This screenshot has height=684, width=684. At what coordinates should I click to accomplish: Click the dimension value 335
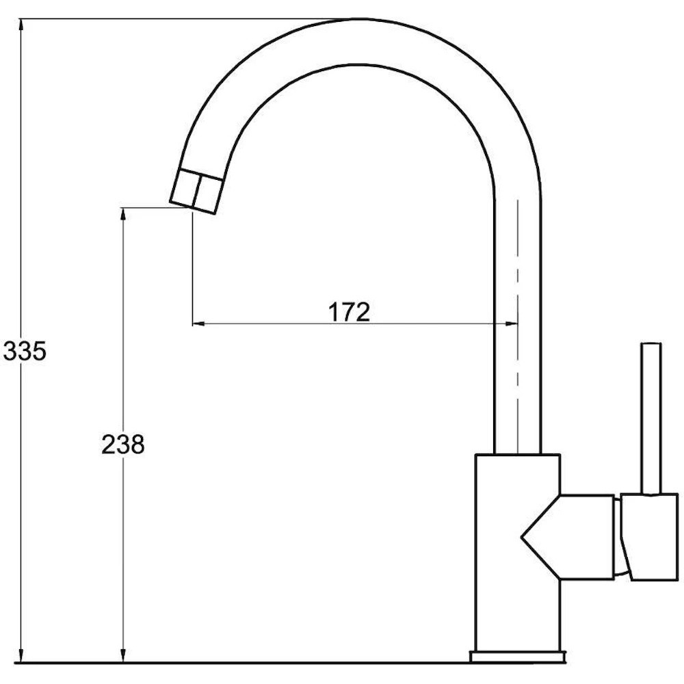(25, 351)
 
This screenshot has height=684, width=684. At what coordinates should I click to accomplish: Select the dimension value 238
(122, 445)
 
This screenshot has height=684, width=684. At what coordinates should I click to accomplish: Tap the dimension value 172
(349, 312)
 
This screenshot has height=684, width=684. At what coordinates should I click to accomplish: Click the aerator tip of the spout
(196, 192)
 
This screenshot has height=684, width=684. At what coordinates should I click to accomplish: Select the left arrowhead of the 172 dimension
(199, 324)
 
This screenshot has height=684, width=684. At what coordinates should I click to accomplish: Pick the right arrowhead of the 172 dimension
(511, 324)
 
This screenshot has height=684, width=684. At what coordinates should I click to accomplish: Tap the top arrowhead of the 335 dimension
(21, 26)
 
